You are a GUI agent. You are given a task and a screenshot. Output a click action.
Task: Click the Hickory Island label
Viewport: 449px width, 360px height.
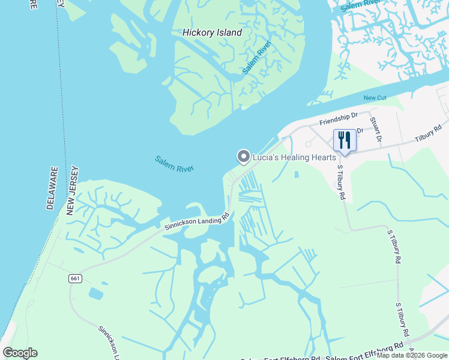(x=212, y=33)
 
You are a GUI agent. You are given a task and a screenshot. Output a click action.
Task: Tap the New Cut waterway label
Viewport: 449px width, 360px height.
(x=375, y=98)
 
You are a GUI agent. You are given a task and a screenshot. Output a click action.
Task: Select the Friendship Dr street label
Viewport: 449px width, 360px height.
(x=338, y=119)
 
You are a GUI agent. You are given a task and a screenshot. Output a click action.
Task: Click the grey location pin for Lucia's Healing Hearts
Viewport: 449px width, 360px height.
(x=243, y=157)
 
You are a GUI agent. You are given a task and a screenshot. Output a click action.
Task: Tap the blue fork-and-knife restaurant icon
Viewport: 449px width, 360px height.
(x=345, y=140)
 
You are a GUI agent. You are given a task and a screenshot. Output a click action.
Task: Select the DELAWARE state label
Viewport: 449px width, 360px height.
(x=52, y=188)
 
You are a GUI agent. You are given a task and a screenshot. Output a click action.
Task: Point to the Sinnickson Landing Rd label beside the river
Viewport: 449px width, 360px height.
(x=197, y=221)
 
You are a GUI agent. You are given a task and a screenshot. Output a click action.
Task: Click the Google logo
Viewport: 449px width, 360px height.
(x=20, y=353)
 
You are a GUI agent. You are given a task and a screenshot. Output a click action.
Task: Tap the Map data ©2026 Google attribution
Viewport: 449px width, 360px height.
(x=412, y=355)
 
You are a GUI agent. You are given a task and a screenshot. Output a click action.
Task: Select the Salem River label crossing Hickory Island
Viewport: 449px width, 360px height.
(x=257, y=58)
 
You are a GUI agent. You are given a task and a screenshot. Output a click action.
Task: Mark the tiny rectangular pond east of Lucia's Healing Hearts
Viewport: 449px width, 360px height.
(x=296, y=175)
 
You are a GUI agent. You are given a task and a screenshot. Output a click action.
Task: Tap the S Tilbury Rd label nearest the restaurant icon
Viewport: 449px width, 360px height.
(x=342, y=182)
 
